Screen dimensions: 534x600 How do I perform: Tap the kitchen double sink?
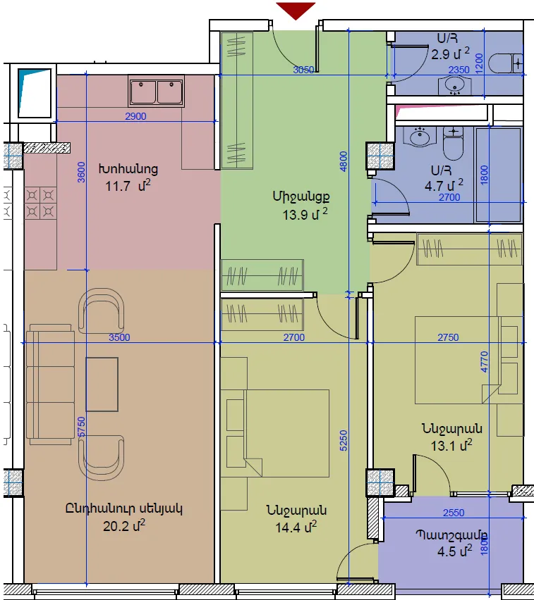[x=156, y=91]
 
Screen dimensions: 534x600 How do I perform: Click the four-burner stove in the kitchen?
[x=40, y=203]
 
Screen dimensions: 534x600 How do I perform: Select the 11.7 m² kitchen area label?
[x=128, y=186]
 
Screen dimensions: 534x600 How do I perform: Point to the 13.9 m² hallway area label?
[x=305, y=214]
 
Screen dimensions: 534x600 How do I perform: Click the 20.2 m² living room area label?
[x=124, y=526]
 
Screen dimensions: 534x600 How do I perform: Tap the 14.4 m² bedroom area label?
[x=296, y=527]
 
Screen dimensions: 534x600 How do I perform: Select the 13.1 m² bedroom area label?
[x=451, y=445]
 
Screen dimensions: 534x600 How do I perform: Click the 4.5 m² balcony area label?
[x=455, y=551]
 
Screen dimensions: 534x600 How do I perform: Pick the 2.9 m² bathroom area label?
[x=450, y=54]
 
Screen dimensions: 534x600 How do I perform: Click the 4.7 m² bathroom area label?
[x=444, y=186]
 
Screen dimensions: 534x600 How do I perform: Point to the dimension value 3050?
[x=303, y=70]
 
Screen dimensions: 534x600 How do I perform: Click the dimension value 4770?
[x=484, y=361]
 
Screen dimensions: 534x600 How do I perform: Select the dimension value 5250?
[x=344, y=440]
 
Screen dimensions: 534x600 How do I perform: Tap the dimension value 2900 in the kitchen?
[x=135, y=116]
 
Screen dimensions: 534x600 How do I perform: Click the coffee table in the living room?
[x=102, y=385]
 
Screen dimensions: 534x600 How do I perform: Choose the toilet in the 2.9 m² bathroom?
[x=506, y=63]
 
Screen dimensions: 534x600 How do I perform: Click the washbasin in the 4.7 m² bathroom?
[x=420, y=137]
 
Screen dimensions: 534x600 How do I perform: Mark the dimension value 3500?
[x=119, y=337]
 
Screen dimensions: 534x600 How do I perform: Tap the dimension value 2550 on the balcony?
[x=454, y=513]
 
